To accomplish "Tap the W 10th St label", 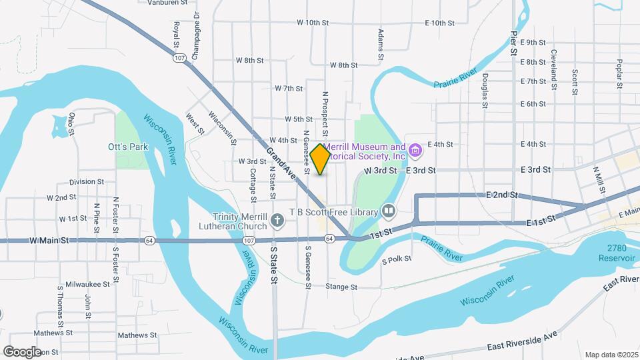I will coord(313,23).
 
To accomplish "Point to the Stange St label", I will coord(342,287).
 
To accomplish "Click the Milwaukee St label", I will coord(88,284).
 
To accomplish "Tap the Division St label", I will coord(87,181).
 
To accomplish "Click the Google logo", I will coord(22,351).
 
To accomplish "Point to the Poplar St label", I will coord(619,73).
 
